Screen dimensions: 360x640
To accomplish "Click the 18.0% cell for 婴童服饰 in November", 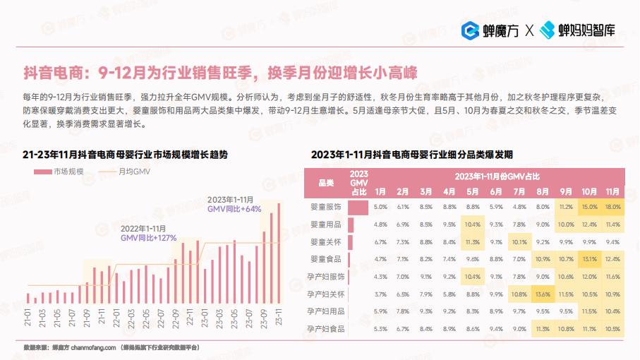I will (x=612, y=207).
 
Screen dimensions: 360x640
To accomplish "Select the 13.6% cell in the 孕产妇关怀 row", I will (x=543, y=293).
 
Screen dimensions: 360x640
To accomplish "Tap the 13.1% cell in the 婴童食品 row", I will (x=589, y=258).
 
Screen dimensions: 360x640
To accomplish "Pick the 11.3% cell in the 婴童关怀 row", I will (x=472, y=241).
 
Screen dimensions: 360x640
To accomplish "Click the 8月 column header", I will (x=543, y=191).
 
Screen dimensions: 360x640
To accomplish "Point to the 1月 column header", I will (x=380, y=191).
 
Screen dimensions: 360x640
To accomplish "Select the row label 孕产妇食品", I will (x=326, y=328).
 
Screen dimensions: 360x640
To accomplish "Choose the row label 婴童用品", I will (x=326, y=224).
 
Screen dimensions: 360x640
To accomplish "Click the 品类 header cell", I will (x=326, y=184).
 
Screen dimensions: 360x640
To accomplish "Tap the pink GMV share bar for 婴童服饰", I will (x=358, y=208).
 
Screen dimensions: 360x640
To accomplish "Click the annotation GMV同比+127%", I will (x=148, y=239).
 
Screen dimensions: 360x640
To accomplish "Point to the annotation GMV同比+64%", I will (x=234, y=209).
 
